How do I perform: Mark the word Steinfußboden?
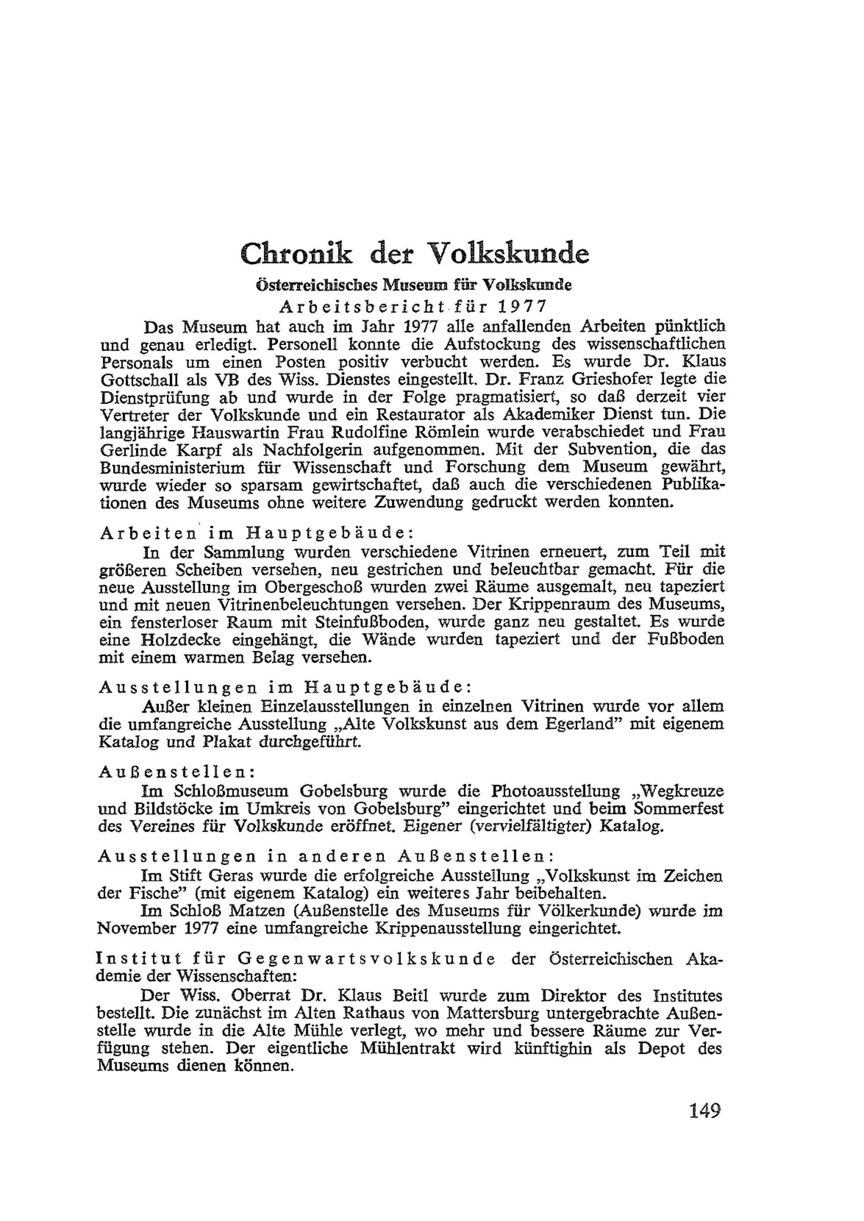(x=368, y=622)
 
